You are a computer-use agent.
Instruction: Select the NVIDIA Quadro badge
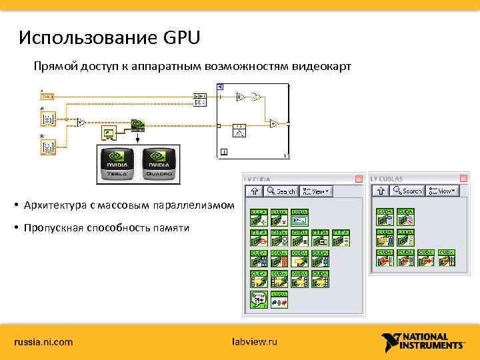(157, 164)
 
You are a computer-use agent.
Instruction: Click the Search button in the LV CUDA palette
(281, 191)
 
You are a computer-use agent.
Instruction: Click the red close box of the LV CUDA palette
(359, 179)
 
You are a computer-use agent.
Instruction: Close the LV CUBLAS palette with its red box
(464, 179)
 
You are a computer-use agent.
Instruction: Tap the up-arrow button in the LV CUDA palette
(254, 191)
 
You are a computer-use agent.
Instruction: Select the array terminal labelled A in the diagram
(49, 119)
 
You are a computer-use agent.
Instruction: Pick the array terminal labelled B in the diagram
(49, 147)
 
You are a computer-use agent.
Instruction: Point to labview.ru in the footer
(253, 342)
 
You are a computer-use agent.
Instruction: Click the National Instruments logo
(423, 341)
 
